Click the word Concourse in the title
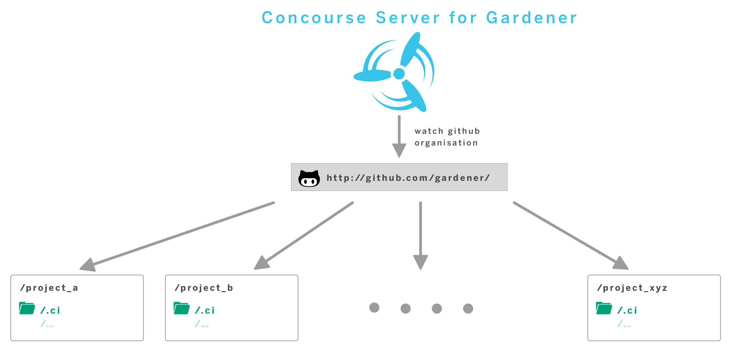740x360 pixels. (314, 18)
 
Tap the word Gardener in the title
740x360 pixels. (531, 18)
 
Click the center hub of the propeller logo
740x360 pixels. (399, 74)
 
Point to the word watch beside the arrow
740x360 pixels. (429, 131)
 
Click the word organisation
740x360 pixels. (446, 143)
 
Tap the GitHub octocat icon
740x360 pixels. (309, 178)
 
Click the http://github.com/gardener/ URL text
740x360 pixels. (408, 178)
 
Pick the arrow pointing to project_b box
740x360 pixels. (304, 235)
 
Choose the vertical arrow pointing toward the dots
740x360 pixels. (420, 235)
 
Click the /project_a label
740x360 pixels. (49, 288)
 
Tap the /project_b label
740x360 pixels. (204, 288)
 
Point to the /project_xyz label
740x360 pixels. (632, 288)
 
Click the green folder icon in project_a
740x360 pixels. (27, 308)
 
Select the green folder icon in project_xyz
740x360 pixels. (604, 308)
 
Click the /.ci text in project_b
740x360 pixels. (205, 310)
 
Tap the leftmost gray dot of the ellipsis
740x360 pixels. (374, 308)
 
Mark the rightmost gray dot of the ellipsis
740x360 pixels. (468, 308)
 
